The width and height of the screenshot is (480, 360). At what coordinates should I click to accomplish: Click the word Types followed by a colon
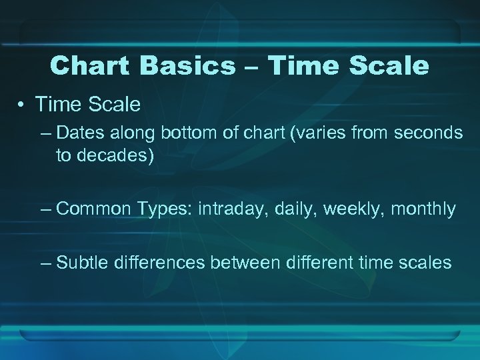click(165, 209)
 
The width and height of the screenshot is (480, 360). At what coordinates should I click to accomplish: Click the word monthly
click(423, 209)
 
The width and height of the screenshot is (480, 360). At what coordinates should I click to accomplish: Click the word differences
click(159, 263)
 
